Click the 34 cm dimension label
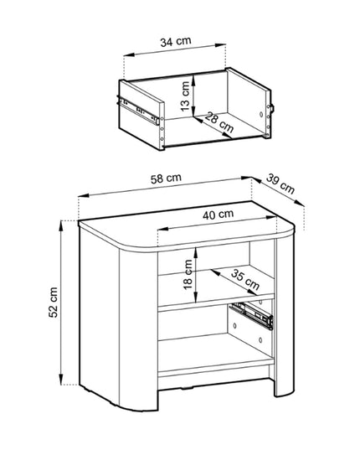click(x=176, y=41)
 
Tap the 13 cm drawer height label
click(x=186, y=96)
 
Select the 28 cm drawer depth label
click(x=219, y=122)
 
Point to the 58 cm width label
click(x=166, y=178)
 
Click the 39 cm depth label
click(x=280, y=184)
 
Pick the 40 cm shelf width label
click(x=219, y=214)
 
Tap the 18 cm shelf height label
click(x=188, y=274)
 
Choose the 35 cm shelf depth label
click(x=245, y=280)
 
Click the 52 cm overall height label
click(x=54, y=303)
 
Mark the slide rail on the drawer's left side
click(x=138, y=111)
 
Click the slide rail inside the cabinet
click(x=251, y=315)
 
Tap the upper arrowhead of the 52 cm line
click(x=61, y=226)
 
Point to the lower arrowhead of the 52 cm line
click(x=61, y=379)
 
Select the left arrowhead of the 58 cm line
click(x=84, y=196)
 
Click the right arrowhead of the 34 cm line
click(x=220, y=45)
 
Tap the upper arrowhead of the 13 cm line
click(x=194, y=80)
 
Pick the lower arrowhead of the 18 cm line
click(x=196, y=297)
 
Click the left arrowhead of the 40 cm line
click(x=163, y=229)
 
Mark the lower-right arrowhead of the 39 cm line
click(x=300, y=203)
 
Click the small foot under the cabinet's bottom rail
click(x=187, y=389)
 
